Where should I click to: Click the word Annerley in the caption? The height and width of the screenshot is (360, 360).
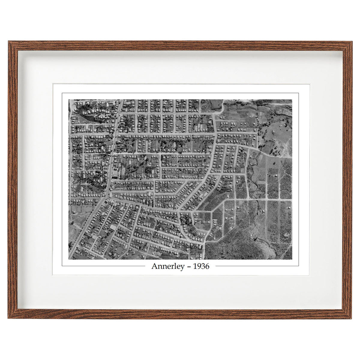pos(167,266)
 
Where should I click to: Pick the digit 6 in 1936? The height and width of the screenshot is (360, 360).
pos(207,266)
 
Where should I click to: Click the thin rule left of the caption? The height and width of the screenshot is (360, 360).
pos(103,266)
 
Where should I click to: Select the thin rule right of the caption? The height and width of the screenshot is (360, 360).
pos(256,266)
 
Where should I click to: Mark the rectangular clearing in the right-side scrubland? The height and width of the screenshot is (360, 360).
pos(261,182)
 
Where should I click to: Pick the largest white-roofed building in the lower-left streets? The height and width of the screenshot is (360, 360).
pos(113,227)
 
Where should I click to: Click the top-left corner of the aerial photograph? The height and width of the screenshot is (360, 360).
pos(69,100)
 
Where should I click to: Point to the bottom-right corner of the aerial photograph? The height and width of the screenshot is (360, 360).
pos(292,259)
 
